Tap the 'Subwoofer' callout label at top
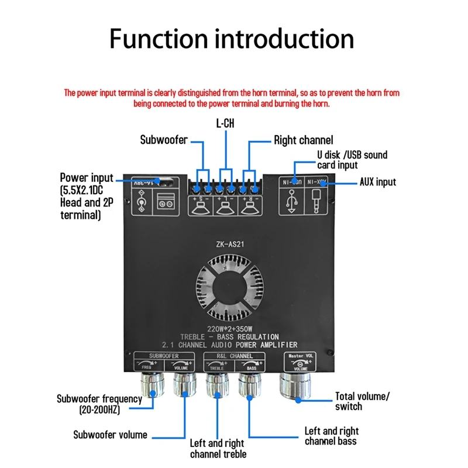click(163, 140)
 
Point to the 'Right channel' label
click(304, 140)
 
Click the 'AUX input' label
click(377, 182)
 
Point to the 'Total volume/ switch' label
click(362, 401)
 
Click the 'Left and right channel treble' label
click(218, 449)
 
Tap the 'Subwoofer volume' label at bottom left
click(110, 435)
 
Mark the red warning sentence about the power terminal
click(232, 98)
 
